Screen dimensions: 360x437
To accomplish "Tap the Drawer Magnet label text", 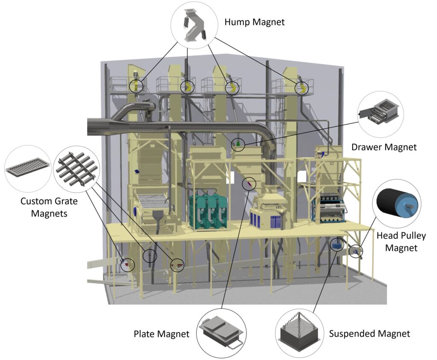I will pyautogui.click(x=384, y=147).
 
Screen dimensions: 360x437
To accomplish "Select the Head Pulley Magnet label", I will pyautogui.click(x=401, y=241).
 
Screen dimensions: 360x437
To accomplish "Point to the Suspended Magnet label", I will pyautogui.click(x=369, y=334).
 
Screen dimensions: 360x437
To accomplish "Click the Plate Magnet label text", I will pyautogui.click(x=161, y=334).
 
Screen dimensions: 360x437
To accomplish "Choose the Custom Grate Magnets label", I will pyautogui.click(x=44, y=207).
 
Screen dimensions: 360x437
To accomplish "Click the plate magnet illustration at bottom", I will pyautogui.click(x=221, y=333).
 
